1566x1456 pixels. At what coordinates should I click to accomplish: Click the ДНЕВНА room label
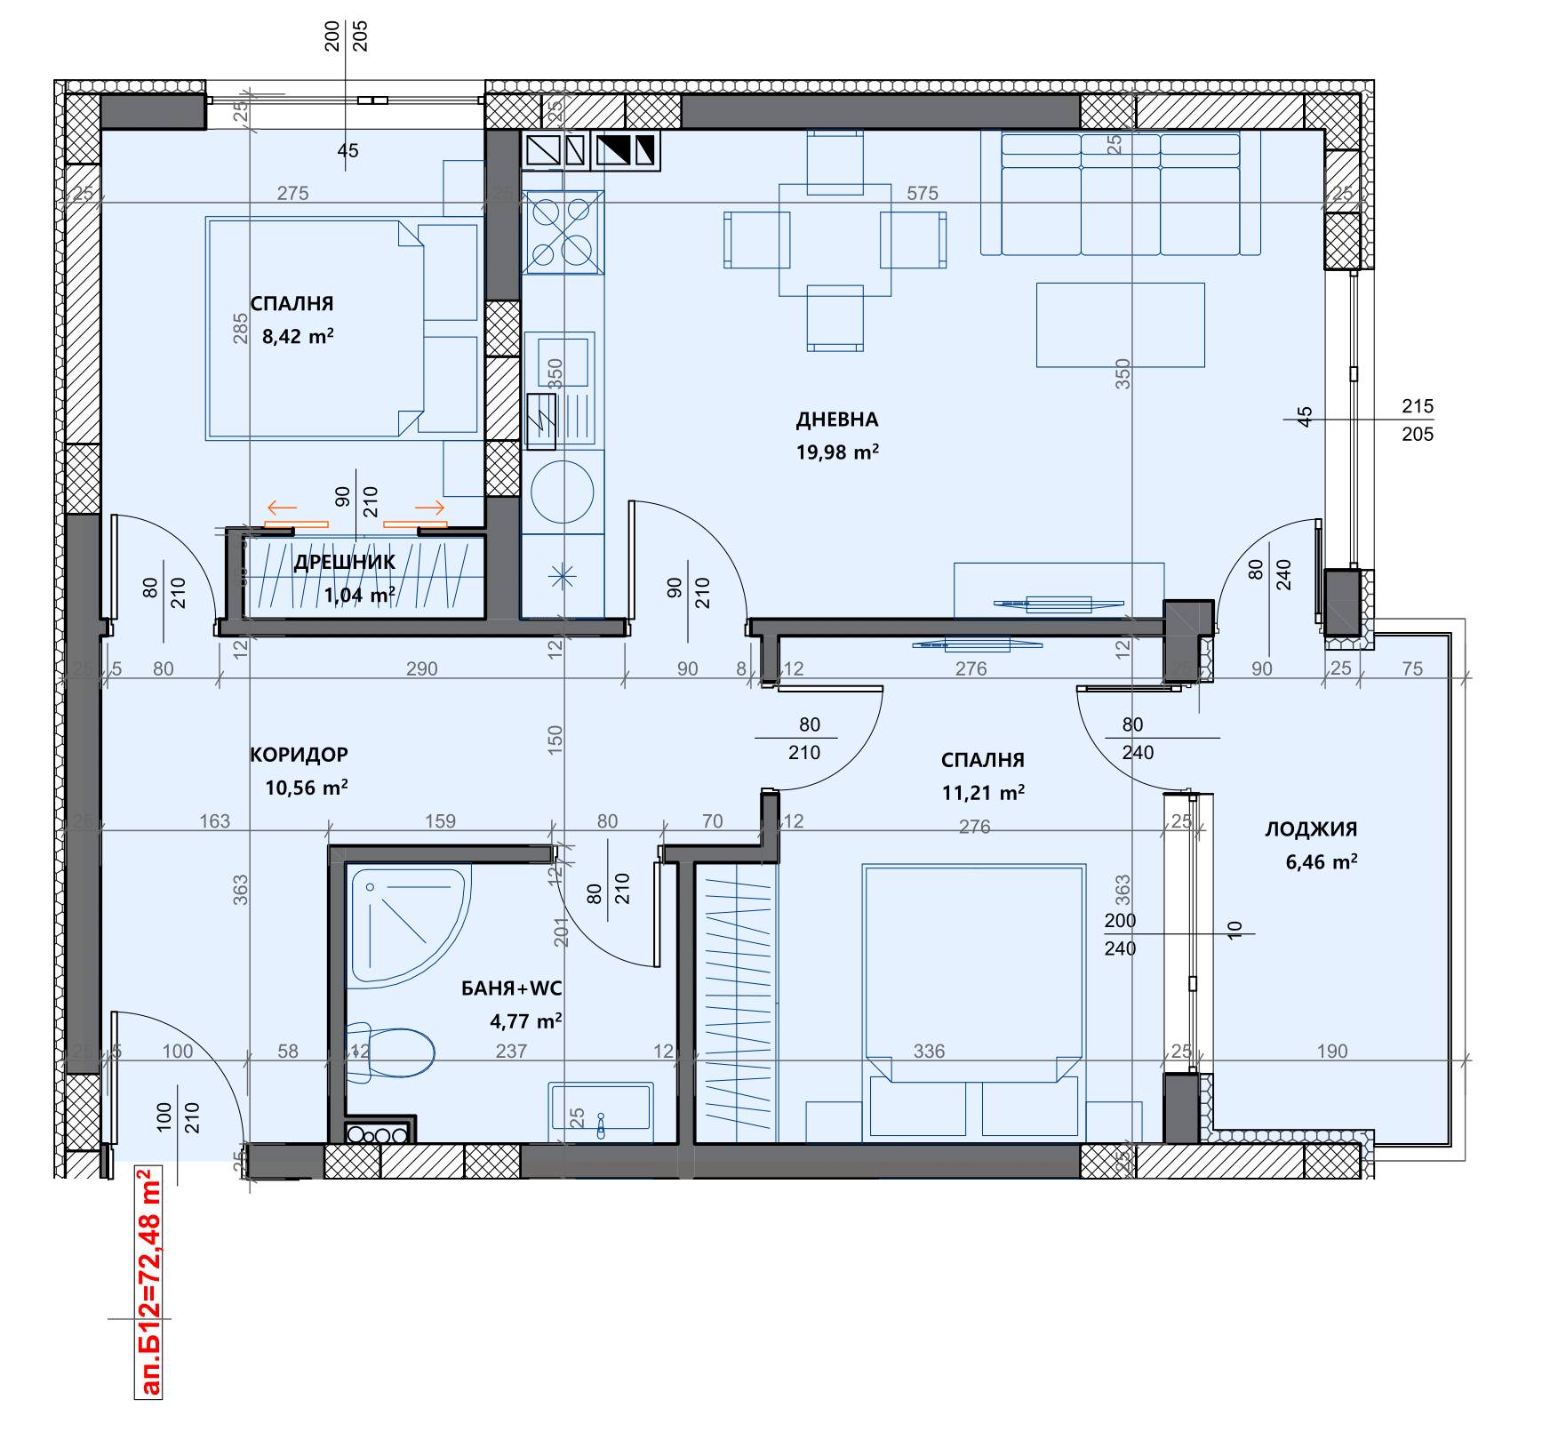(836, 420)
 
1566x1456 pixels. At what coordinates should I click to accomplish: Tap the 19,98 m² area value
(837, 452)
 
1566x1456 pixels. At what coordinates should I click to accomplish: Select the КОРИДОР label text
(299, 755)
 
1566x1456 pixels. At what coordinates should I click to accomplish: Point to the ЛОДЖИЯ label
(1311, 829)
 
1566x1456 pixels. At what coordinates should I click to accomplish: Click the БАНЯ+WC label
(511, 988)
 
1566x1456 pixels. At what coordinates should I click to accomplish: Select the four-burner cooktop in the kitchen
(563, 232)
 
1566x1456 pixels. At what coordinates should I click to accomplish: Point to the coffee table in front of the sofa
(1120, 324)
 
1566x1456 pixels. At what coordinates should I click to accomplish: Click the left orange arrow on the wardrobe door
(282, 508)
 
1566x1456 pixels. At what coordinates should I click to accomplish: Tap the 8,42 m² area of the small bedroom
(298, 336)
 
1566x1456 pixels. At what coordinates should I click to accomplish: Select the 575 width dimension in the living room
(923, 193)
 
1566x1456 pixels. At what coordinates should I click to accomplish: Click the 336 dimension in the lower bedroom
(930, 1052)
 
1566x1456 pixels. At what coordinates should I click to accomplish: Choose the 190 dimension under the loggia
(1331, 1052)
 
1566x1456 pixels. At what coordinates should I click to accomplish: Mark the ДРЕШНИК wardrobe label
(345, 562)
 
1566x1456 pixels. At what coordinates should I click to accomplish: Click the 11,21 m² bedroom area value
(983, 792)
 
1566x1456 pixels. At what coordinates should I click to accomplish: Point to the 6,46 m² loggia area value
(1322, 861)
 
